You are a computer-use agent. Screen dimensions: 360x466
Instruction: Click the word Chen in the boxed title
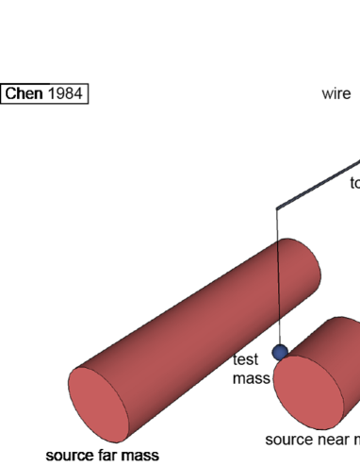pyautogui.click(x=25, y=94)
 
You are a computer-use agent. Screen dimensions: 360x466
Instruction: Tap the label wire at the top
pyautogui.click(x=335, y=93)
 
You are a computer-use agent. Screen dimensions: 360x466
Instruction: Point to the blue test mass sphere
pyautogui.click(x=280, y=353)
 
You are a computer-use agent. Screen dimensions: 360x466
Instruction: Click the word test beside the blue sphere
pyautogui.click(x=246, y=359)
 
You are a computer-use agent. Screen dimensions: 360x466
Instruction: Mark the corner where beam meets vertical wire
pyautogui.click(x=276, y=208)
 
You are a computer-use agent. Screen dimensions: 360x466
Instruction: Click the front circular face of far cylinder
pyautogui.click(x=100, y=407)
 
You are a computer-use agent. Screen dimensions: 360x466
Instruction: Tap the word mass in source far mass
pyautogui.click(x=139, y=457)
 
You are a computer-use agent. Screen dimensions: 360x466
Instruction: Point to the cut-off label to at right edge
pyautogui.click(x=354, y=184)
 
